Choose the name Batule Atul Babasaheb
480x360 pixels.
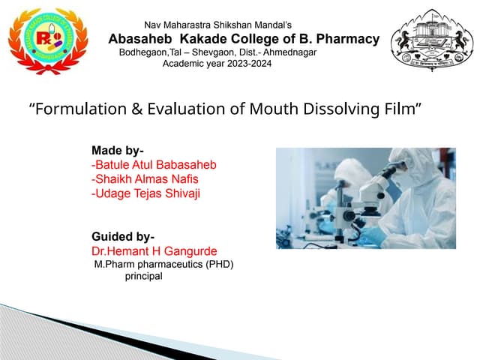(x=154, y=164)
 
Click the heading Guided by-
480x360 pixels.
(x=123, y=237)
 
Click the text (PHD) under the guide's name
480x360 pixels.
(x=217, y=264)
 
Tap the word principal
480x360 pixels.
(x=143, y=276)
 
